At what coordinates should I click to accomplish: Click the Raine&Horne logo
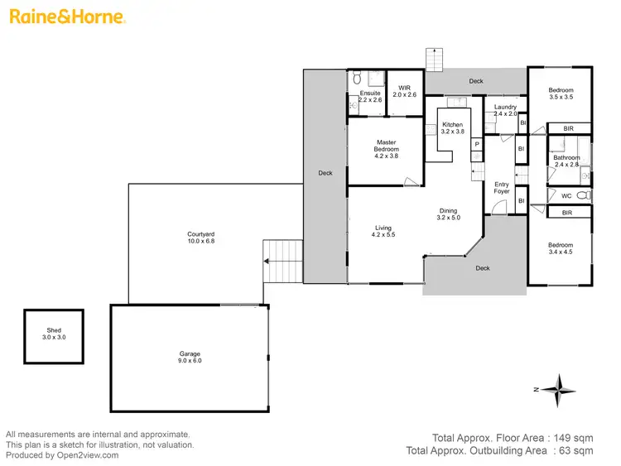click(x=67, y=16)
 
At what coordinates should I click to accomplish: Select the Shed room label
click(x=52, y=334)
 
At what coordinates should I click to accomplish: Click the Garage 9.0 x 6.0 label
click(x=189, y=357)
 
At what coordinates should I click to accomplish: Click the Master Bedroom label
click(x=387, y=149)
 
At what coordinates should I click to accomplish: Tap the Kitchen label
click(x=452, y=128)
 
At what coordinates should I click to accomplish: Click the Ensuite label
click(x=370, y=96)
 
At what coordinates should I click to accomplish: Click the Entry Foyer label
click(x=503, y=188)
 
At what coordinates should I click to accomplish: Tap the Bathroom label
click(x=567, y=161)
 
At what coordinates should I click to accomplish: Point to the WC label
click(x=566, y=196)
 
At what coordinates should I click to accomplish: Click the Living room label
click(x=383, y=232)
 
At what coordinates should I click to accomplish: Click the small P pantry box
click(x=476, y=144)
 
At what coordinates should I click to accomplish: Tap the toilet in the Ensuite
click(x=356, y=79)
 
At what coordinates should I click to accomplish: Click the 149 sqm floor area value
click(x=576, y=438)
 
